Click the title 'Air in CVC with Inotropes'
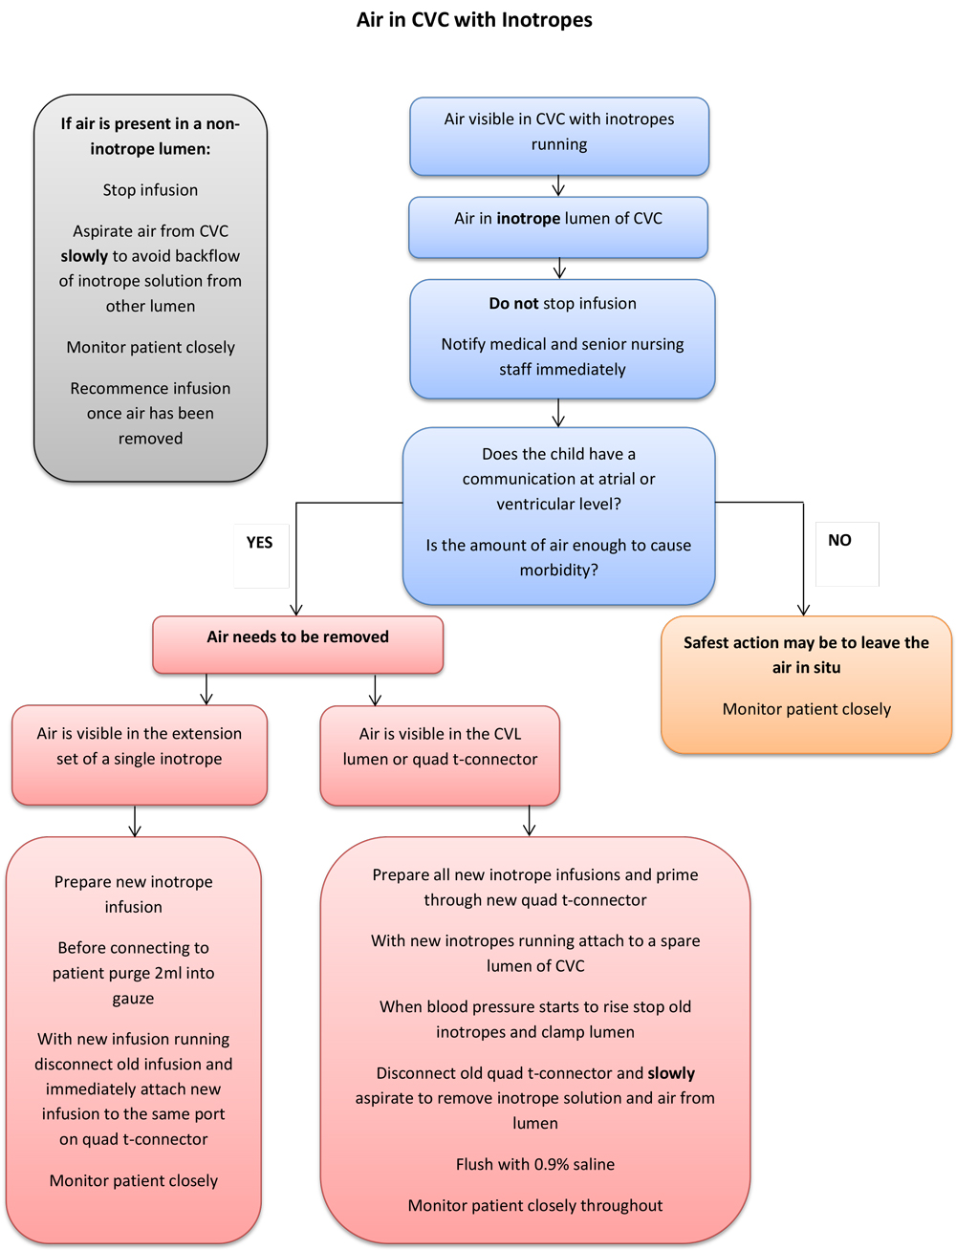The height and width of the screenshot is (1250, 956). coord(474,20)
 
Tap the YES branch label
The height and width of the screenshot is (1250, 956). coord(259,543)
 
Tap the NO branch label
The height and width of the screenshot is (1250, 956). coord(839,541)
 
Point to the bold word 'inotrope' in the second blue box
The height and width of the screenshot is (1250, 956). coord(528,219)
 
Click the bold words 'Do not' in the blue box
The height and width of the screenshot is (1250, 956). coord(513,304)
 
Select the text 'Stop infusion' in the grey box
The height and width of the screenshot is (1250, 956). coord(150,190)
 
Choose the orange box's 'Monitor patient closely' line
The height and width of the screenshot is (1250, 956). coord(806,709)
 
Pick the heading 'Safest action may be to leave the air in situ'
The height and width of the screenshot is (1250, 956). coord(806,655)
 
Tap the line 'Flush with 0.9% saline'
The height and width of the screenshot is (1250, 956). coord(534,1164)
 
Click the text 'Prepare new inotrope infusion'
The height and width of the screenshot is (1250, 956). coord(134,894)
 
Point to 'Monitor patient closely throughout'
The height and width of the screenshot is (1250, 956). coord(534,1205)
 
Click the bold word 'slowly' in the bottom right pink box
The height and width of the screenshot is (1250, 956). coord(671,1073)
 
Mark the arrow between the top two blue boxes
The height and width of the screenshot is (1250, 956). coord(558,186)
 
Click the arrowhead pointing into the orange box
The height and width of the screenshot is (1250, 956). coord(803,609)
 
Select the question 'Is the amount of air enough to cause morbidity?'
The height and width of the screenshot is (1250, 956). coord(558,557)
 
